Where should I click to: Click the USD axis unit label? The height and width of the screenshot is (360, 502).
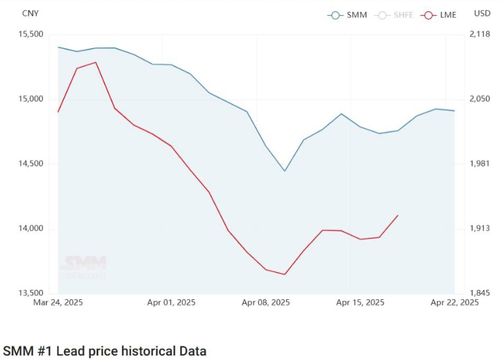pyautogui.click(x=482, y=13)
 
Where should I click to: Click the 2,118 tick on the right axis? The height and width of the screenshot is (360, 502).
pyautogui.click(x=480, y=34)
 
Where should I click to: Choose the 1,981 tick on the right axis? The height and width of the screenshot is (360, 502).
pyautogui.click(x=480, y=164)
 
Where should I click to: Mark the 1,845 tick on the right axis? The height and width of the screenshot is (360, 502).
pyautogui.click(x=480, y=293)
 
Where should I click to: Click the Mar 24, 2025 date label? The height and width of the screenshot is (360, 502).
pyautogui.click(x=58, y=302)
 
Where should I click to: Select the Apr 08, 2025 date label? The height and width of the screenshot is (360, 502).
pyautogui.click(x=265, y=302)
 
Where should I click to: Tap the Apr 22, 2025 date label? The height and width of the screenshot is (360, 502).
pyautogui.click(x=454, y=302)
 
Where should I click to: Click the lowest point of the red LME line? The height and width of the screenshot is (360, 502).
pyautogui.click(x=285, y=274)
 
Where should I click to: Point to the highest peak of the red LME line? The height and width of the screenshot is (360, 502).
pyautogui.click(x=96, y=62)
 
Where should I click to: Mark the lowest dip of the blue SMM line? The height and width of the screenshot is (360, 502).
pyautogui.click(x=285, y=171)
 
